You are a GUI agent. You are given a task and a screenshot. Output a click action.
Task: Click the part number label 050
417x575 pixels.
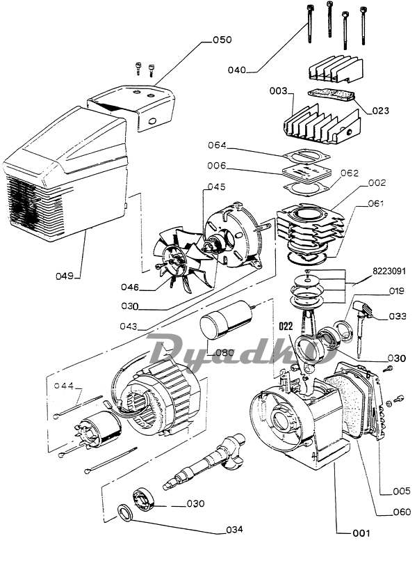pyautogui.click(x=222, y=40)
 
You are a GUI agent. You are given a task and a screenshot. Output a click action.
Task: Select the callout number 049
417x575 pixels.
pyautogui.click(x=65, y=276)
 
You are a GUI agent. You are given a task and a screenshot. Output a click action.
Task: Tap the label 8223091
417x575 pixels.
pyautogui.click(x=389, y=271)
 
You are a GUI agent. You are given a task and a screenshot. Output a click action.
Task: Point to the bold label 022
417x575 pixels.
pyautogui.click(x=286, y=326)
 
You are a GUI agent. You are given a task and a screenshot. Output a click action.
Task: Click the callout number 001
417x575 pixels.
pyautogui.click(x=361, y=533)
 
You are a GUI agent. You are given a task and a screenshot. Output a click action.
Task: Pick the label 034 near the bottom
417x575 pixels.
pyautogui.click(x=234, y=529)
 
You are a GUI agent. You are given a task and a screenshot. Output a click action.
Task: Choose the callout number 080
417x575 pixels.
pyautogui.click(x=224, y=352)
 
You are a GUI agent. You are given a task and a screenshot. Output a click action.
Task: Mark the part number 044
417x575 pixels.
pyautogui.click(x=64, y=386)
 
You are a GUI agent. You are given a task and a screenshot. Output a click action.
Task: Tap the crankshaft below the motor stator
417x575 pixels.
pyautogui.click(x=206, y=461)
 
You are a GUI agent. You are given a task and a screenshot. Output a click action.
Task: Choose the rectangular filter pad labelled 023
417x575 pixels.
pyautogui.click(x=332, y=95)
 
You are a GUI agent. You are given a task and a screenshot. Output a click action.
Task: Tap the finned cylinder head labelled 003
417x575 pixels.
pyautogui.click(x=322, y=125)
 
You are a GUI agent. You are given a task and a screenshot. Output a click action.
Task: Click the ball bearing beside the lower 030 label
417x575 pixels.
pyautogui.click(x=145, y=498)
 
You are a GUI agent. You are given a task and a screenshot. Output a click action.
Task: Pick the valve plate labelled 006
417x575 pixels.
pyautogui.click(x=307, y=173)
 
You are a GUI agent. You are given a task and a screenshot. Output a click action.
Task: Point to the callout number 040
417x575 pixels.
pyautogui.click(x=237, y=70)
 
